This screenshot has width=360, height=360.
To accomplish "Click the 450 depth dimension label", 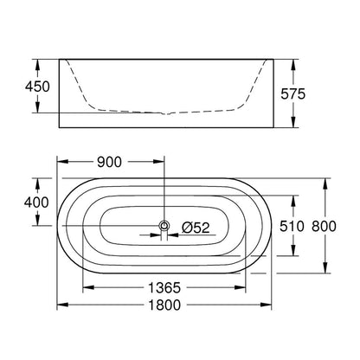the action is (37, 87).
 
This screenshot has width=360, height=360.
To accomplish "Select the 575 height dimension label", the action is (292, 94).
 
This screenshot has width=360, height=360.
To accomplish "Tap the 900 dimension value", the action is (109, 162).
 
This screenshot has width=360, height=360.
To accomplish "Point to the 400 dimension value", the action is (36, 202).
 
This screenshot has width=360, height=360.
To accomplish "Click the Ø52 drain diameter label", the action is (196, 228).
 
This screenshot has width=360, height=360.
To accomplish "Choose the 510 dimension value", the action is (292, 226).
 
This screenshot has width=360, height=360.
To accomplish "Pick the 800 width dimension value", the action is (324, 226).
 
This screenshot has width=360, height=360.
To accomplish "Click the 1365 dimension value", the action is (164, 287).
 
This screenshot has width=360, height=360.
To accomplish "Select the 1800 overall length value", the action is (164, 305).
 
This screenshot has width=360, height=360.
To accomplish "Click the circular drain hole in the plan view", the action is (164, 226).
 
